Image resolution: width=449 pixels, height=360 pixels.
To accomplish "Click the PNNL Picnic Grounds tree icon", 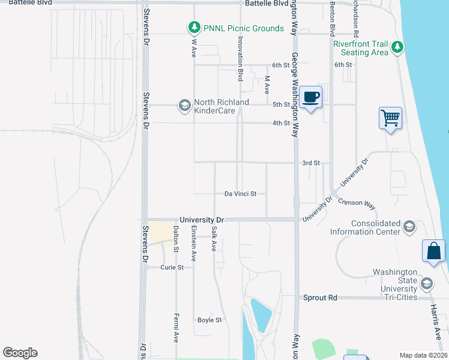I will [194, 28].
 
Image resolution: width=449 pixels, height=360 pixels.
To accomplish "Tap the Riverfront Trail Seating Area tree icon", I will [397, 47].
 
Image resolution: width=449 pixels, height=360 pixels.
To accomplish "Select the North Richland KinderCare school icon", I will [184, 106].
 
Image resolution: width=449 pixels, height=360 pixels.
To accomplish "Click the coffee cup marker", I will [311, 97].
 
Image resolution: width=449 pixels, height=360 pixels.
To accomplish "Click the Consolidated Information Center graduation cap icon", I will [409, 226].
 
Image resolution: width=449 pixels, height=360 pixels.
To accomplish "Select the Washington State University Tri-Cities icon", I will [427, 283].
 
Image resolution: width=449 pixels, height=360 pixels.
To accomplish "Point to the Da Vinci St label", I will [240, 194].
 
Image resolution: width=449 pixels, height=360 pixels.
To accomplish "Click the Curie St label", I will [171, 267].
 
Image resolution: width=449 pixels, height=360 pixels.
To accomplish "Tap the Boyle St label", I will [209, 320].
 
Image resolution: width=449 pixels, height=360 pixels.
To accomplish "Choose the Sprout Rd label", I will [320, 298].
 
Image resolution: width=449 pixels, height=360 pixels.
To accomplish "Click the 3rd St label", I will [311, 163].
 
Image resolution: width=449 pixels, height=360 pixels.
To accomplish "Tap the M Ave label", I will [267, 83].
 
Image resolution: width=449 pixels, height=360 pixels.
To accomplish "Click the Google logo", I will [20, 353].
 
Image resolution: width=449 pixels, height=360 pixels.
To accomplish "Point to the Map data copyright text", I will [423, 355].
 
